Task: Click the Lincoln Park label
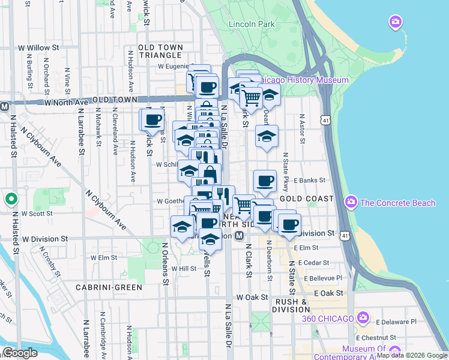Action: [252, 25]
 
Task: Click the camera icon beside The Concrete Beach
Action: [351, 203]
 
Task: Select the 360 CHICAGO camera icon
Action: [363, 317]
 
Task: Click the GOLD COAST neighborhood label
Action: [306, 199]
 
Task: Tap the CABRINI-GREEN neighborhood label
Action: [109, 287]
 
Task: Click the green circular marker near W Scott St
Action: [10, 199]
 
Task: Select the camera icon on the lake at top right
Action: [395, 23]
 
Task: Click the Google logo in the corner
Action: [19, 353]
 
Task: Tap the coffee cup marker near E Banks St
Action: [265, 181]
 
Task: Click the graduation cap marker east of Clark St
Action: [267, 136]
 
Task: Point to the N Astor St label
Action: [303, 130]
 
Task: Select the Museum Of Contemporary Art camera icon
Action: [333, 349]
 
